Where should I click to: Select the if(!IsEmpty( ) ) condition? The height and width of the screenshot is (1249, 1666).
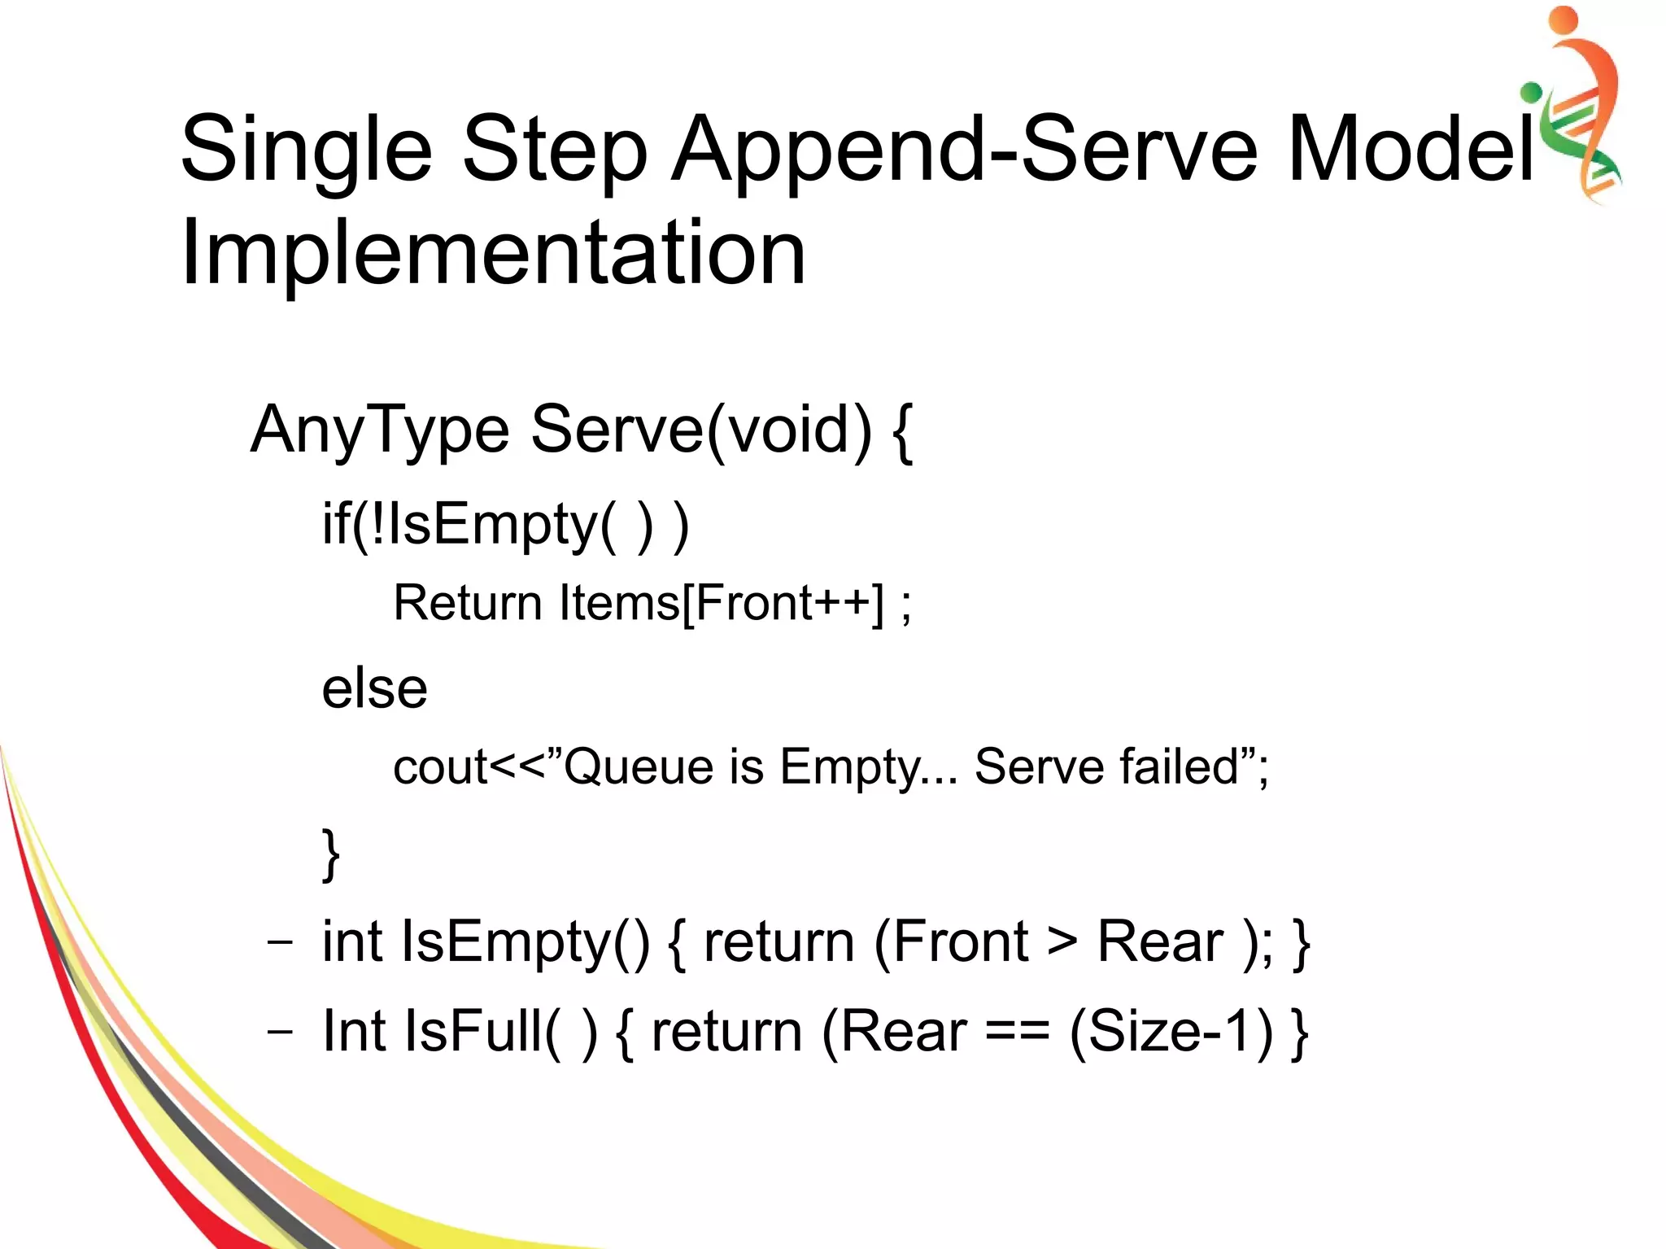pos(505,525)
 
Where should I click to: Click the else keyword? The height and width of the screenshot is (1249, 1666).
pos(374,688)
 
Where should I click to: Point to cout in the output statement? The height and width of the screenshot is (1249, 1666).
pos(439,766)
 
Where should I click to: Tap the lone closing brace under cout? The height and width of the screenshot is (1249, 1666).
pos(330,854)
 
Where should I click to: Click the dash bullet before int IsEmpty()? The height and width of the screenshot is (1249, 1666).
pos(280,942)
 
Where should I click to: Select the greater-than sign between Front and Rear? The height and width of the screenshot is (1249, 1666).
pos(1062,942)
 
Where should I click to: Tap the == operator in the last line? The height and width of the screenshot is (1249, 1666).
pos(1017,1032)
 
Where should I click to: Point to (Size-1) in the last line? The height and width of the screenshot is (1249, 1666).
pos(1171,1032)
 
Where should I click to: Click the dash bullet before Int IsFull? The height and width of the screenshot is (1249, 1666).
pos(280,1031)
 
